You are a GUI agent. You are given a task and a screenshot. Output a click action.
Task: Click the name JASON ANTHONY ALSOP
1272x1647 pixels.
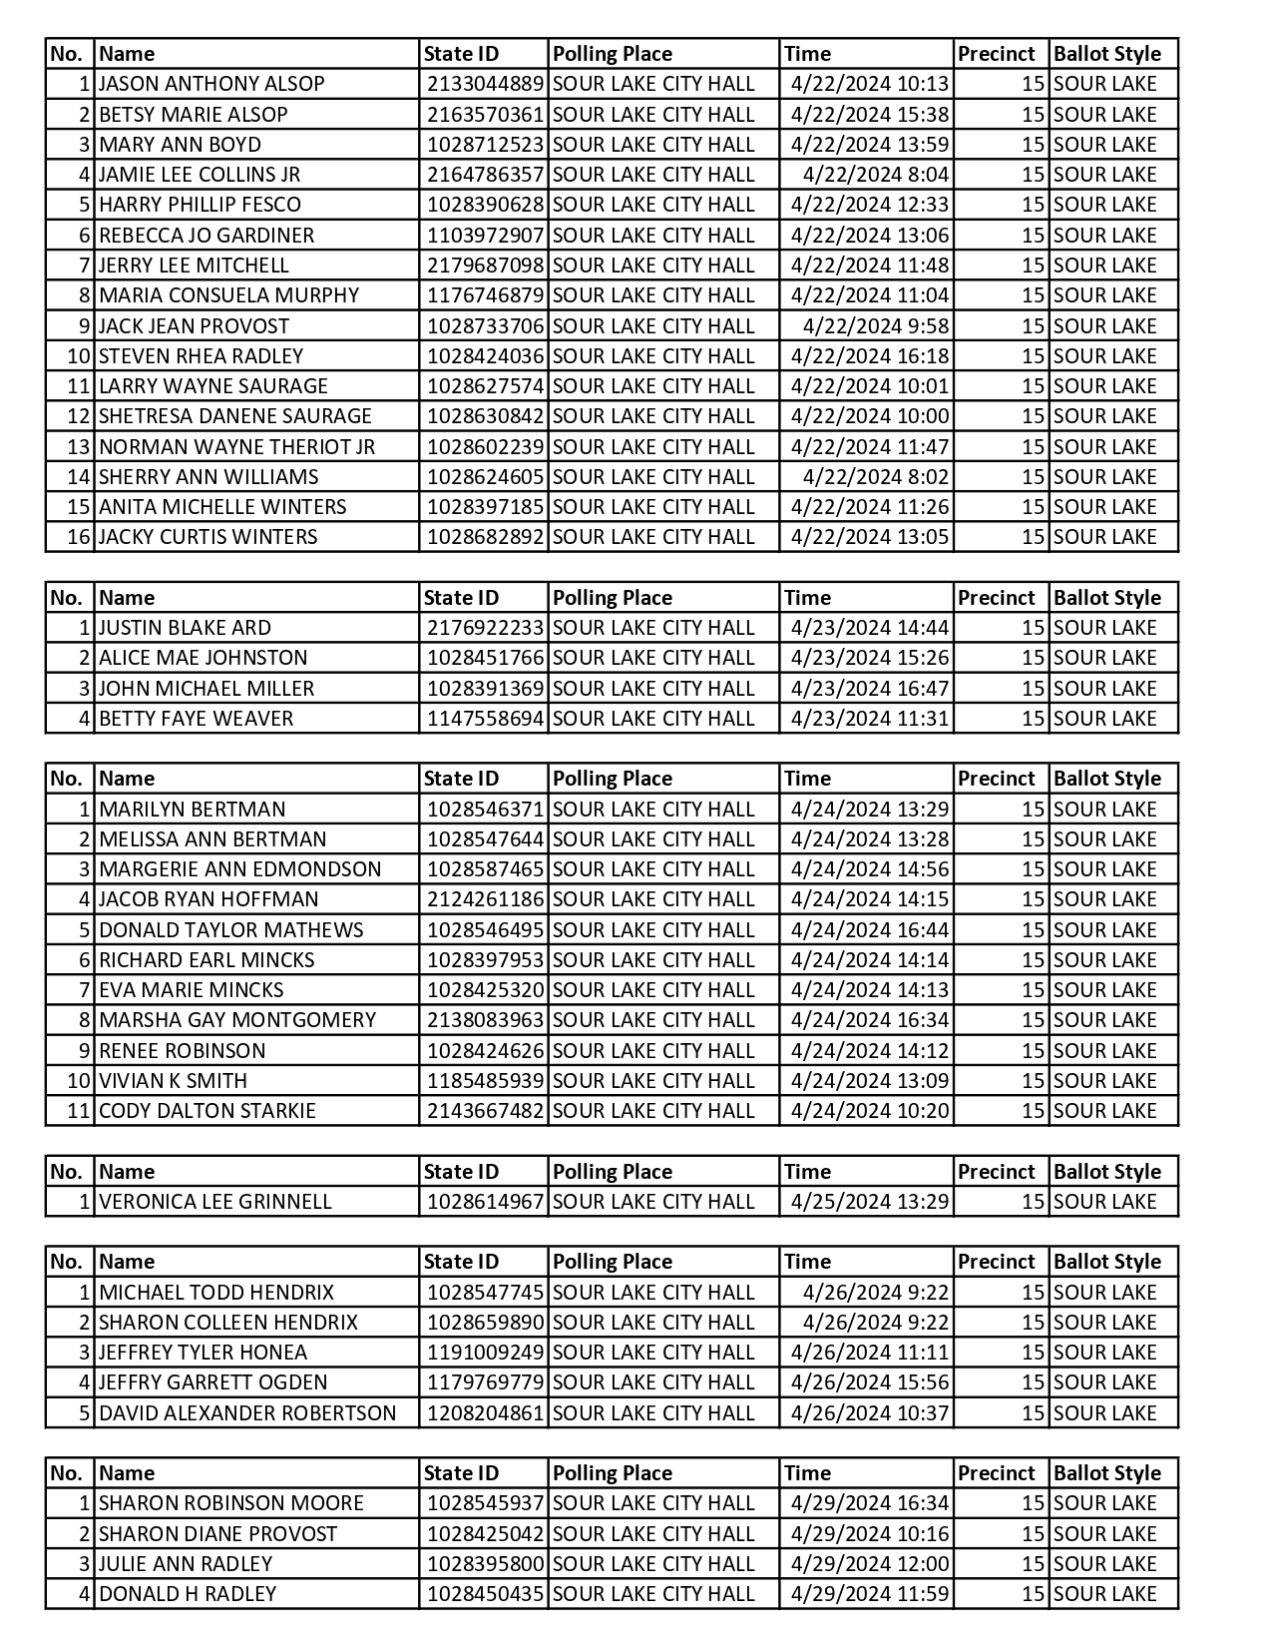[212, 84]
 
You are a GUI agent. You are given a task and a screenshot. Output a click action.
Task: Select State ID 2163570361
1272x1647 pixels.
[485, 115]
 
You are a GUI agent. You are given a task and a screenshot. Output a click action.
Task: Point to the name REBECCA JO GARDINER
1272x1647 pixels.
[207, 236]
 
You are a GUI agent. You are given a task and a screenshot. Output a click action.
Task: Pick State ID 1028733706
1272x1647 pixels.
[485, 326]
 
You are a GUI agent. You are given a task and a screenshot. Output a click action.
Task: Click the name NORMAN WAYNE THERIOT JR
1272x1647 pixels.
[236, 447]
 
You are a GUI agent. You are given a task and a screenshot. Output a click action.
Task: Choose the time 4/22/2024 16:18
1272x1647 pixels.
[870, 356]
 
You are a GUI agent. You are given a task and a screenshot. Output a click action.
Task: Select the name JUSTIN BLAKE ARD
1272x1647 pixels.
[185, 628]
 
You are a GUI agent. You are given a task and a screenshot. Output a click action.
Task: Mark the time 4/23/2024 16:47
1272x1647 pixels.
[870, 689]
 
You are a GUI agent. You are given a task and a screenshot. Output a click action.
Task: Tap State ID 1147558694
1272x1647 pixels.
[485, 719]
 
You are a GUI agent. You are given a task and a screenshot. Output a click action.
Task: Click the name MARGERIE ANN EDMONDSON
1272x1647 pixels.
[239, 869]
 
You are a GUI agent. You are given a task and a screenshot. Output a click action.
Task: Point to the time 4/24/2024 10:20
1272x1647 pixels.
[870, 1111]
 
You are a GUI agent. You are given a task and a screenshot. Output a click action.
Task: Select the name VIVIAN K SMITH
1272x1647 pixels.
[173, 1081]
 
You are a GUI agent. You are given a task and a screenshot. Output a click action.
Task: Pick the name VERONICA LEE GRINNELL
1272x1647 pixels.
[214, 1202]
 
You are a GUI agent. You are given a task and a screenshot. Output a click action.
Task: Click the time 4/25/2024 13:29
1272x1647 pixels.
[870, 1202]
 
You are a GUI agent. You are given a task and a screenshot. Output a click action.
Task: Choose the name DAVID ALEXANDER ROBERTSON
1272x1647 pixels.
[247, 1413]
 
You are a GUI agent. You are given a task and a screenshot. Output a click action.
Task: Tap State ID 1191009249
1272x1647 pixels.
[485, 1353]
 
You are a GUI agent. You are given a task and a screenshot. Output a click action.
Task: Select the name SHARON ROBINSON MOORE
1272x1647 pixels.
[231, 1503]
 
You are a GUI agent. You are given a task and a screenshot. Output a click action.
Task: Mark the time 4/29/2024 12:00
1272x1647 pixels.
[870, 1564]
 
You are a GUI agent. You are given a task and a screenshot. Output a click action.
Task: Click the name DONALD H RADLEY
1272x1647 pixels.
[188, 1594]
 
